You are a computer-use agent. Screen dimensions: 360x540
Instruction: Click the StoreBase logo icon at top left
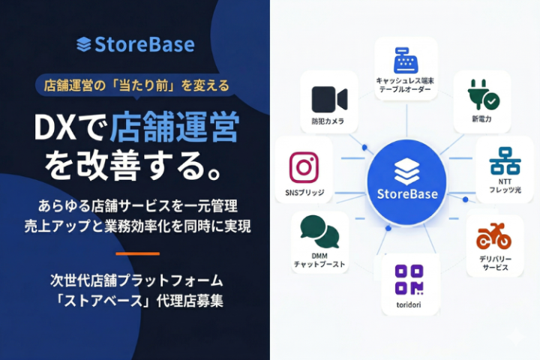pyautogui.click(x=84, y=44)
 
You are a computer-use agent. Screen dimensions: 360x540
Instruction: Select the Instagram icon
pyautogui.click(x=304, y=167)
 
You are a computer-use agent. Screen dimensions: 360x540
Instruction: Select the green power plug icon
pyautogui.click(x=481, y=95)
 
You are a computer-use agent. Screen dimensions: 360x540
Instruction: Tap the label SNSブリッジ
pyautogui.click(x=304, y=193)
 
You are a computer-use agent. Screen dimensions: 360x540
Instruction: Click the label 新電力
pyautogui.click(x=481, y=118)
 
